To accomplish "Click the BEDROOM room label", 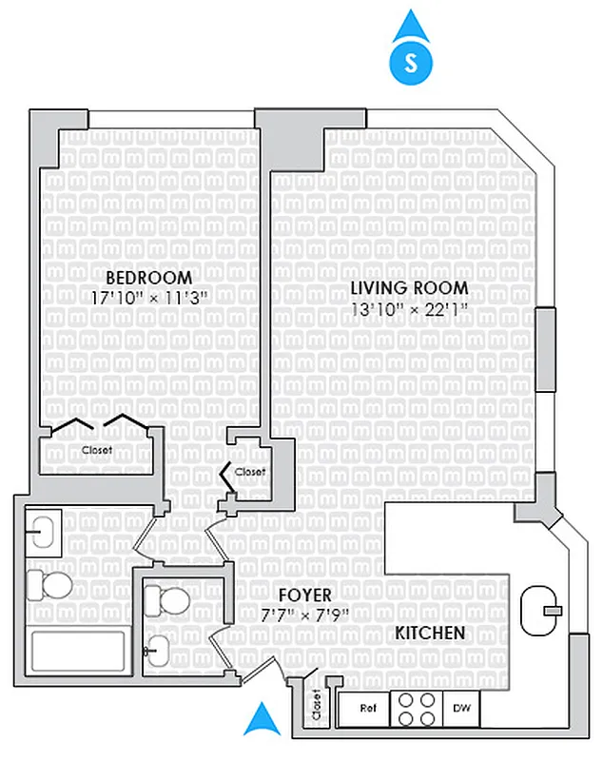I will click(148, 278).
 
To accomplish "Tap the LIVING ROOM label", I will click(409, 288).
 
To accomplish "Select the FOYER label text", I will click(298, 595).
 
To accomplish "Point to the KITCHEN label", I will click(430, 633).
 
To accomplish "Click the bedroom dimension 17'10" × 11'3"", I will click(148, 297).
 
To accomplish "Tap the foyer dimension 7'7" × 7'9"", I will click(298, 615).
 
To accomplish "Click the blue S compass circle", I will click(410, 63).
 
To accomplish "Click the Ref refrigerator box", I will click(366, 708).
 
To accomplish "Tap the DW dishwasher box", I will click(460, 708).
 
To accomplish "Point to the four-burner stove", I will click(417, 708).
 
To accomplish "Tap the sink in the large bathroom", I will click(42, 531).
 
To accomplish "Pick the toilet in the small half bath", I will click(168, 599).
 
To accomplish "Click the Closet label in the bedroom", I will click(96, 450).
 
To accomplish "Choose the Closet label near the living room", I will click(249, 472).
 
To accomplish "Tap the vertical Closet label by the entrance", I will click(315, 707).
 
